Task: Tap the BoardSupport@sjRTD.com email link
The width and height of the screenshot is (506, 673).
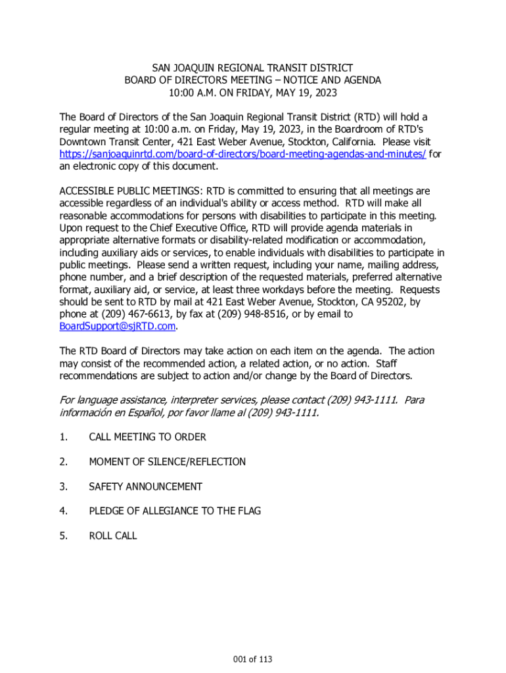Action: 118,326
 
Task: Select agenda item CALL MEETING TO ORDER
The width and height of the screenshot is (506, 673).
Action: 147,437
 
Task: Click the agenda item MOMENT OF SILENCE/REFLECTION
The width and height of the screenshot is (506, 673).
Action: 167,462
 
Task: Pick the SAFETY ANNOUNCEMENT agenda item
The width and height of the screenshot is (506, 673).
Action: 145,486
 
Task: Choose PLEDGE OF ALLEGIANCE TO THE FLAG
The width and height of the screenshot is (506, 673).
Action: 175,511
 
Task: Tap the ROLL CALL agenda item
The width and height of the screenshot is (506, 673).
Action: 113,536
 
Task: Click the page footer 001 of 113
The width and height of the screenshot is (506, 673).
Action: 252,659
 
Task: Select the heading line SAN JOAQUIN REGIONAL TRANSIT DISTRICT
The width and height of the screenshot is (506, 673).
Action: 252,68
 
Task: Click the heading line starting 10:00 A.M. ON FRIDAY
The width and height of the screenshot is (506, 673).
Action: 252,92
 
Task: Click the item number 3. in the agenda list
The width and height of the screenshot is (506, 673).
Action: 63,486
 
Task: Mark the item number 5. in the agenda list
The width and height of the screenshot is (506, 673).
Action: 63,536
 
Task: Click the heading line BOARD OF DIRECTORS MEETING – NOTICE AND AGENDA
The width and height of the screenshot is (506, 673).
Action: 252,80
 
